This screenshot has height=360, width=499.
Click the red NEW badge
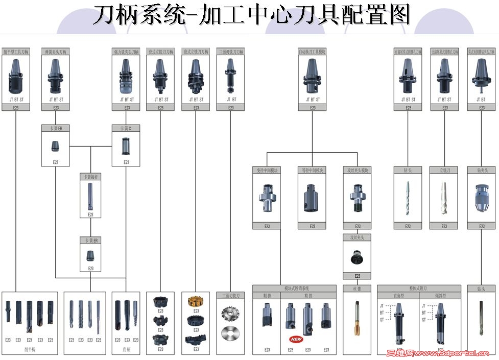296,339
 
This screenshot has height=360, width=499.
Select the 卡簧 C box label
126,128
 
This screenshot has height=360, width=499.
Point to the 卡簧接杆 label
90,177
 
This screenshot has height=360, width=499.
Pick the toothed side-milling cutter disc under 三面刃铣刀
230,313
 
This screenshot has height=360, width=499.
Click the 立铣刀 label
444,170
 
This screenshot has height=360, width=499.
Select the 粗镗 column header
267,296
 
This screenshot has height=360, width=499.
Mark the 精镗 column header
308,296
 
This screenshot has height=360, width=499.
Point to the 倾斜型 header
440,296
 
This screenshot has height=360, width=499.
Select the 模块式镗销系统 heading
295,289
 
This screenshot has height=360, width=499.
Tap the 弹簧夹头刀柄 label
56,52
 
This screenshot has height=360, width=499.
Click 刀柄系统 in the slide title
137,15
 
